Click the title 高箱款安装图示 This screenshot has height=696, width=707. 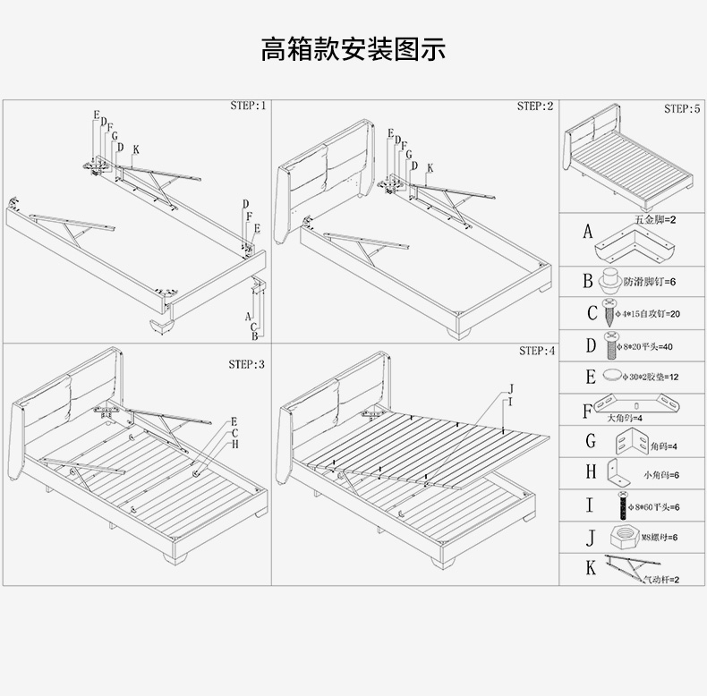pyautogui.click(x=353, y=47)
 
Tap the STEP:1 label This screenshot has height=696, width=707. pyautogui.click(x=247, y=106)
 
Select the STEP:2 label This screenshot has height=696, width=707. pyautogui.click(x=534, y=106)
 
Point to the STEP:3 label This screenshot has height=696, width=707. pyautogui.click(x=246, y=364)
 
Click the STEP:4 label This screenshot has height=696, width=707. pyautogui.click(x=536, y=351)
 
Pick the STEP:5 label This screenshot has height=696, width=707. pyautogui.click(x=682, y=108)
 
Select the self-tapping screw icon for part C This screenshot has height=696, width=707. pyautogui.click(x=610, y=313)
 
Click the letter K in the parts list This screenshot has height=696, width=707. pyautogui.click(x=590, y=567)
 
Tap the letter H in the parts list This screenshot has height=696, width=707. pyautogui.click(x=590, y=471)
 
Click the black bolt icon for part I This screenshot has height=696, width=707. pyautogui.click(x=618, y=506)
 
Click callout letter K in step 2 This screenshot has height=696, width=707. pyautogui.click(x=430, y=167)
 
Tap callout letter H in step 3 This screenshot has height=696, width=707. pyautogui.click(x=235, y=444)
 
